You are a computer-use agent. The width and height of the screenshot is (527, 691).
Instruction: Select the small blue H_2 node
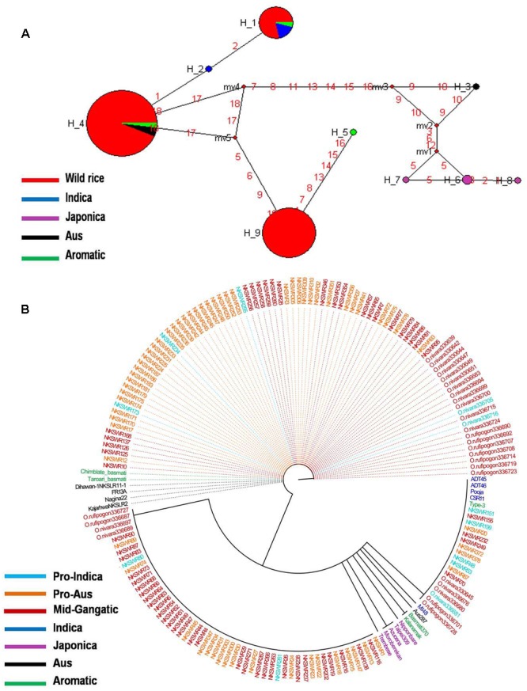(x=208, y=70)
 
